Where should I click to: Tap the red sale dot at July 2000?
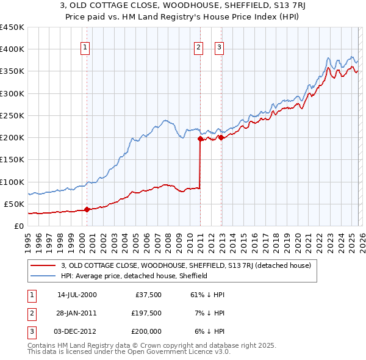tap(87, 209)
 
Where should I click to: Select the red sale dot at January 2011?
tap(200, 139)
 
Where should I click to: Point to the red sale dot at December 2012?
tap(220, 138)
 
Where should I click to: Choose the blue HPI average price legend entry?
tap(134, 276)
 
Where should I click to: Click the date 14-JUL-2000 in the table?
tap(77, 295)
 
